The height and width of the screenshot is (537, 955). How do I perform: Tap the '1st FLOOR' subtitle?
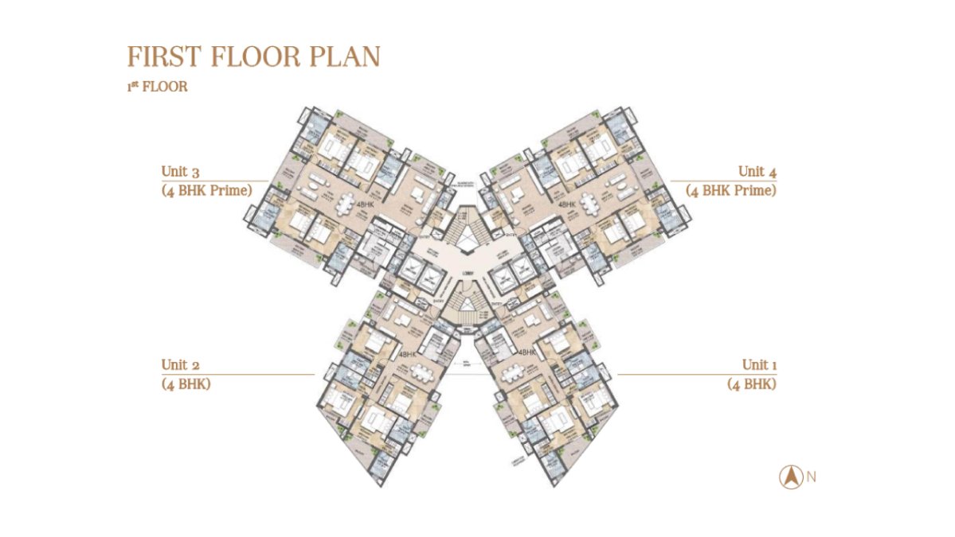(x=157, y=87)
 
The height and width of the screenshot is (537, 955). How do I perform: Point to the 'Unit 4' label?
(x=757, y=172)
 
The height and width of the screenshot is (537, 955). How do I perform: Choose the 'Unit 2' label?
(x=181, y=365)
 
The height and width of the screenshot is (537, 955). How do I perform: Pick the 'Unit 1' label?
(x=759, y=365)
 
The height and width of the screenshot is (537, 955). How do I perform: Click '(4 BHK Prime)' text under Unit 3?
(x=206, y=191)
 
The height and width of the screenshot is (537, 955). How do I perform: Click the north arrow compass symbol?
(x=790, y=477)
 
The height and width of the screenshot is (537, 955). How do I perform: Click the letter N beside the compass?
(x=811, y=477)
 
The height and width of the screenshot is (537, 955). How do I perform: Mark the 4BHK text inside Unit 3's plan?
(x=366, y=205)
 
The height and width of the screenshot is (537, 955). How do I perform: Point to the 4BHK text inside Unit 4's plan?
(x=567, y=205)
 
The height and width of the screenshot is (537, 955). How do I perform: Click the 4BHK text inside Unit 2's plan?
(x=408, y=355)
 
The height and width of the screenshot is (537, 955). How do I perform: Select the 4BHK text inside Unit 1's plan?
(x=526, y=352)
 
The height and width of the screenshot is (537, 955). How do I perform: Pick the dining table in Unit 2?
(x=420, y=374)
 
